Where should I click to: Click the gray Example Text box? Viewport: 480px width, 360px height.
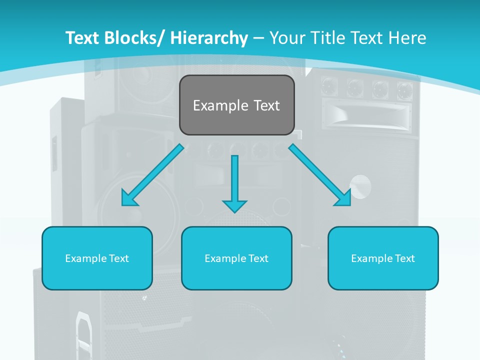pos(236,105)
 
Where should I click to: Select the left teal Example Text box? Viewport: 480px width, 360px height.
pos(97,258)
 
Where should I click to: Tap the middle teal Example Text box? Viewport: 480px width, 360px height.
pos(236,258)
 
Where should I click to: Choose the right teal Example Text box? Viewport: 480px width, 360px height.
pos(383,258)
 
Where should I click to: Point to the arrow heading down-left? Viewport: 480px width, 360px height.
pos(152,175)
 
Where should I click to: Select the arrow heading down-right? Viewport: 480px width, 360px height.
pos(320,175)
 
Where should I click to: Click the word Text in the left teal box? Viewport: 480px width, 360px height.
pos(119,258)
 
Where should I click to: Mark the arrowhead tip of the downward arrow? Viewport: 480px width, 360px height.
pos(234,212)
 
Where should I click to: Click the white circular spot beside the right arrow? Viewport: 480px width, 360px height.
pos(360,186)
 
